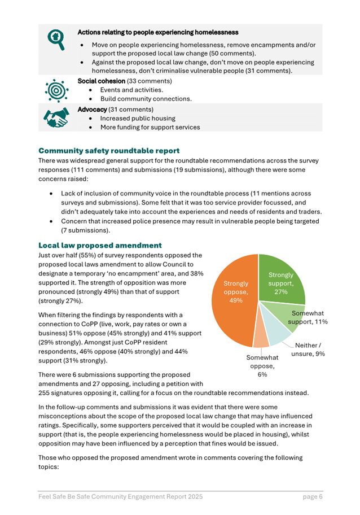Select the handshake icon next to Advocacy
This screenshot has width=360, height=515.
55,117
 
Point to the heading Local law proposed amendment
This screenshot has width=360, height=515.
100,246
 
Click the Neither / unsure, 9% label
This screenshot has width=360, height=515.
308,349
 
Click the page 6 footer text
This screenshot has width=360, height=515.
312,496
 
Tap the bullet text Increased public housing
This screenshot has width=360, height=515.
138,118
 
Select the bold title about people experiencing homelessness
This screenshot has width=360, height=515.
157,32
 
